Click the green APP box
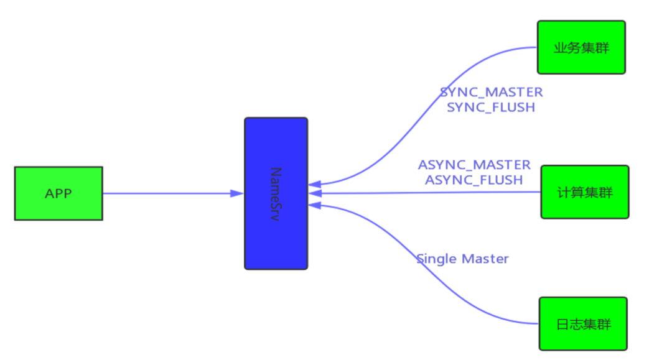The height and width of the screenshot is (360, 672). [x=58, y=193]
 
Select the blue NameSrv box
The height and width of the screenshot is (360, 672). [x=276, y=193]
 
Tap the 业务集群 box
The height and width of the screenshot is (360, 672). [x=581, y=47]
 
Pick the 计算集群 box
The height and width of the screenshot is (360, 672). [x=585, y=192]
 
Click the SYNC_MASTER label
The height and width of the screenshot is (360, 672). [x=491, y=92]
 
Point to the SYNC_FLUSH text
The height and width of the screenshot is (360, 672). [x=491, y=107]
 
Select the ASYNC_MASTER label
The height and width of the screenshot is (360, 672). [x=474, y=165]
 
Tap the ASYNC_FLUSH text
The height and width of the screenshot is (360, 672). [x=474, y=180]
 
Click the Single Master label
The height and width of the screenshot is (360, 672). [x=462, y=259]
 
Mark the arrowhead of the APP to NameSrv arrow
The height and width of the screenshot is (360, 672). [x=236, y=193]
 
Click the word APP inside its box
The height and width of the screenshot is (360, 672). [x=58, y=193]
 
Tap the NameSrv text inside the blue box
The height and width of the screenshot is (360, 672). [x=276, y=193]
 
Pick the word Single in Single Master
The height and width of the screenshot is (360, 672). [x=437, y=259]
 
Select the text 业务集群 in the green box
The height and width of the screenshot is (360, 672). [x=581, y=48]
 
